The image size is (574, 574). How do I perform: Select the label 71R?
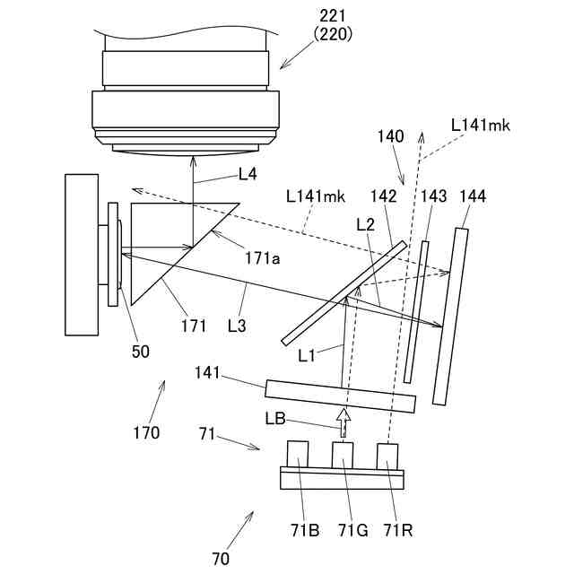click(397, 530)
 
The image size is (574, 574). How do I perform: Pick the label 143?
click(432, 196)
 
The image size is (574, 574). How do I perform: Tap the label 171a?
click(263, 259)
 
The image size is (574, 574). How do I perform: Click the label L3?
click(236, 326)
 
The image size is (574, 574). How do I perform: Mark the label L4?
click(247, 175)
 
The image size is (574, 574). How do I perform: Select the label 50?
click(141, 352)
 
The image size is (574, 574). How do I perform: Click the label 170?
click(145, 432)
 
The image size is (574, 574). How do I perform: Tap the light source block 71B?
click(299, 455)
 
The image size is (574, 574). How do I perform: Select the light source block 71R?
click(388, 456)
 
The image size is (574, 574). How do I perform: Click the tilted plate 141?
click(341, 394)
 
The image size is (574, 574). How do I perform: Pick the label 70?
click(221, 559)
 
